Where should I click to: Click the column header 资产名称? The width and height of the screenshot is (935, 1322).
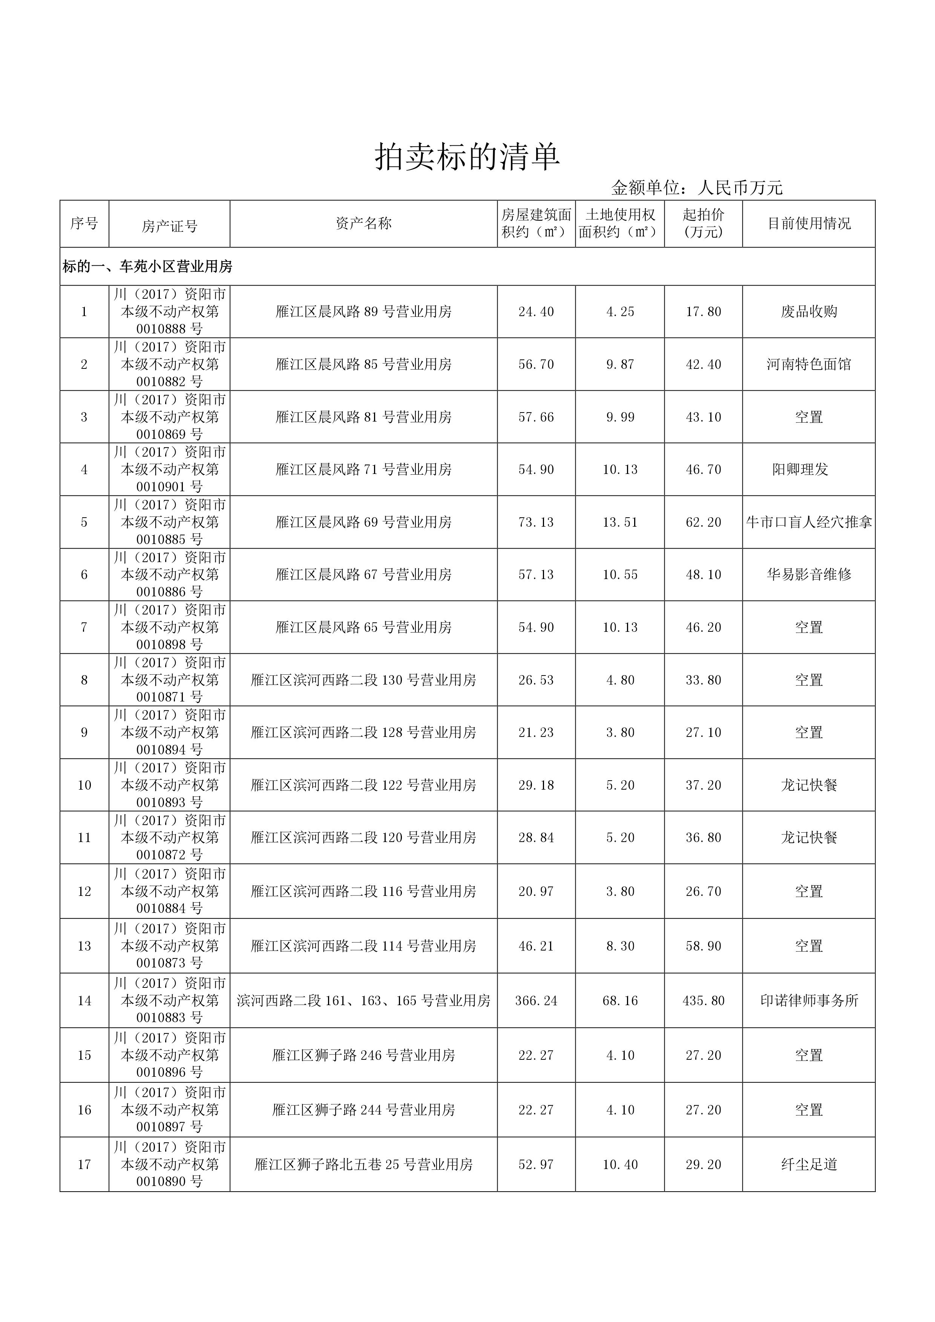click(x=363, y=223)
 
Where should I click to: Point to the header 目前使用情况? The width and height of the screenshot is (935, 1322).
click(x=809, y=223)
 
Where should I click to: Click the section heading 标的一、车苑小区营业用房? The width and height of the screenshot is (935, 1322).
click(x=147, y=267)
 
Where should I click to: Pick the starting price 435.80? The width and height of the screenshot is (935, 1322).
click(x=704, y=1001)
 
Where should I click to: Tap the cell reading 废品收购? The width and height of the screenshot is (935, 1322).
click(x=809, y=312)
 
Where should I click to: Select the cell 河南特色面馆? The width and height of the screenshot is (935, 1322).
click(x=809, y=364)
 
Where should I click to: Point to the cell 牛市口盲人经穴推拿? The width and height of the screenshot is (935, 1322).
click(x=809, y=522)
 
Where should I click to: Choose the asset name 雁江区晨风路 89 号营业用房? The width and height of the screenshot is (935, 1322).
click(x=363, y=312)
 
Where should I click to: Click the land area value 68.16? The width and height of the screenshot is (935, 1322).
click(x=620, y=1001)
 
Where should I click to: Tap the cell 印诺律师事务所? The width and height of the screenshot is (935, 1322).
click(x=809, y=1001)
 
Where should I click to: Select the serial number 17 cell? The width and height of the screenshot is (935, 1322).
click(x=84, y=1164)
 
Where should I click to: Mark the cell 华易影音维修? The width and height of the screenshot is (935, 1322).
click(x=809, y=575)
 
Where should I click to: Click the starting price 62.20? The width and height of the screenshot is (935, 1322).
click(x=704, y=522)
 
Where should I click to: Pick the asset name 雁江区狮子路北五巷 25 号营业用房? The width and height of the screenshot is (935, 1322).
click(x=363, y=1164)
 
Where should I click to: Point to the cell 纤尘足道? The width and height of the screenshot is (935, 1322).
click(x=809, y=1164)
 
